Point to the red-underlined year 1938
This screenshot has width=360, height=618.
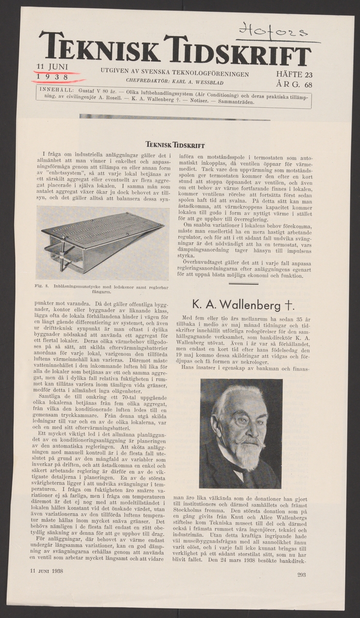pos(53,77)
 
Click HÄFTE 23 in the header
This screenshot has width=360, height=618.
pos(294,75)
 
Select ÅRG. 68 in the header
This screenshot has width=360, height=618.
pos(294,84)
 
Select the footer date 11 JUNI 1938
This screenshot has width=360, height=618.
pos(46,571)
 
